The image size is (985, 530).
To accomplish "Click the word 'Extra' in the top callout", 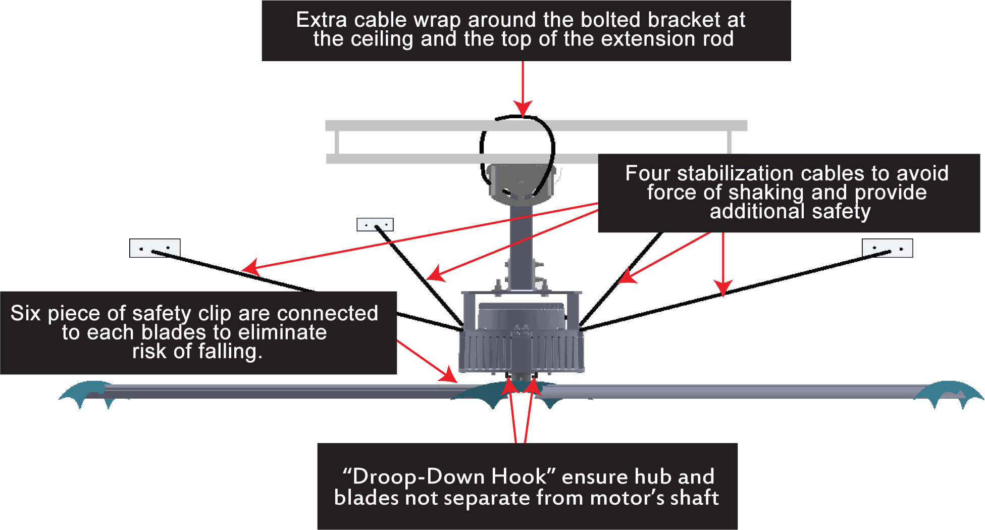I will pyautogui.click(x=321, y=20).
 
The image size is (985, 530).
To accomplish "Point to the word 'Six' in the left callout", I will pyautogui.click(x=25, y=313).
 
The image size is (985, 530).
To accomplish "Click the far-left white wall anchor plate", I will pyautogui.click(x=154, y=248).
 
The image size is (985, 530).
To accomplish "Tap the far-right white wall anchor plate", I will pyautogui.click(x=887, y=248).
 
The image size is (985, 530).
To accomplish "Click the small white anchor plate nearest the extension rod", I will pyautogui.click(x=375, y=224).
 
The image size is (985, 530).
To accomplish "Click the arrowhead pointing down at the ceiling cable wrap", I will pyautogui.click(x=523, y=109).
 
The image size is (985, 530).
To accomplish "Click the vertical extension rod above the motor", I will pyautogui.click(x=521, y=243).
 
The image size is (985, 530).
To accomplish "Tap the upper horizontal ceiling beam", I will pyautogui.click(x=536, y=126).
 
